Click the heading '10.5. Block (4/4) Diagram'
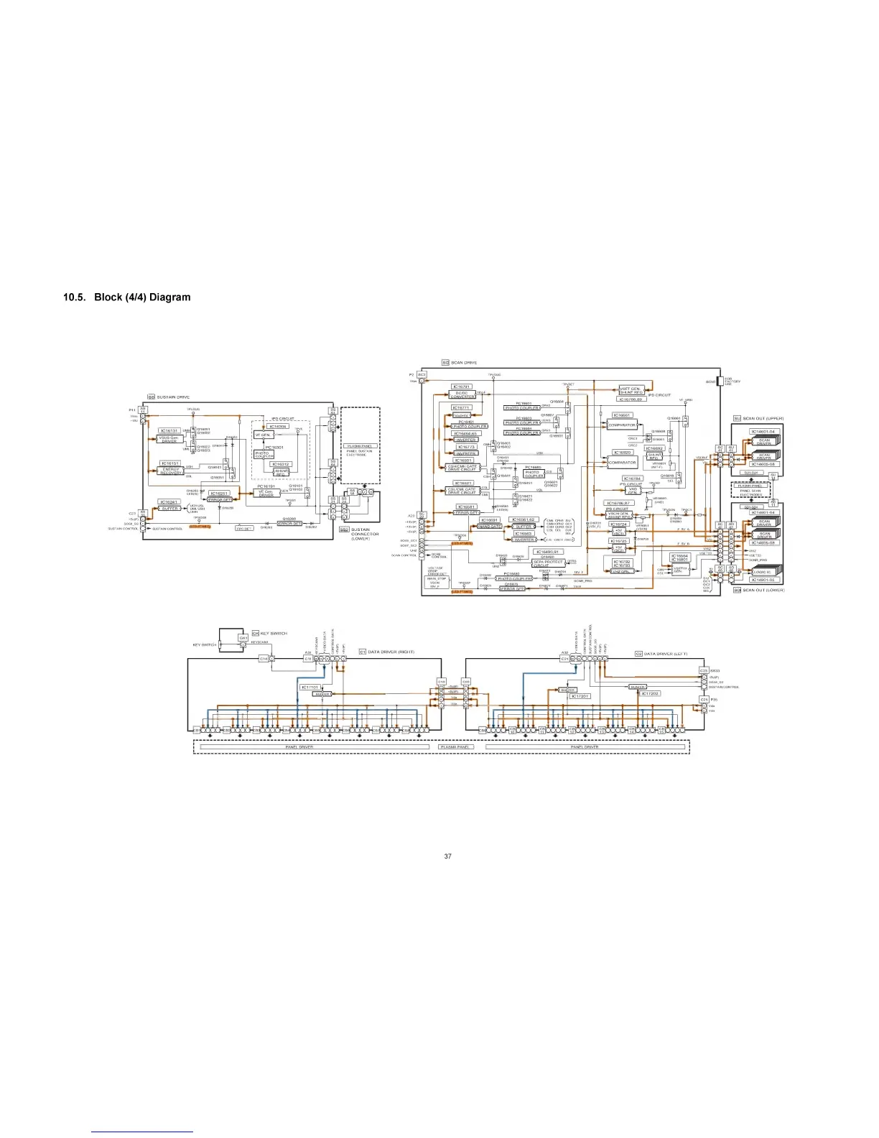127,297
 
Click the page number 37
448,856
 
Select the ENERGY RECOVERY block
170,471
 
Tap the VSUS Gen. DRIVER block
169,439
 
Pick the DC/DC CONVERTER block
462,394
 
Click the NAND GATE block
490,527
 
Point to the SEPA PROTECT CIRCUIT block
548,563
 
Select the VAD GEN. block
633,491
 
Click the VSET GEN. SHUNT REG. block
631,391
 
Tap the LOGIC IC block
763,573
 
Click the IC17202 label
651,694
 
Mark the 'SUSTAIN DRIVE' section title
173,397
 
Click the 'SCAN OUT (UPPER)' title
763,418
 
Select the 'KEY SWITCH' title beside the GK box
274,633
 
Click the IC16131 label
169,431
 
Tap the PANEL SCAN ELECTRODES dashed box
750,491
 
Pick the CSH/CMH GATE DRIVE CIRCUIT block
462,468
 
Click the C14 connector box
264,658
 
